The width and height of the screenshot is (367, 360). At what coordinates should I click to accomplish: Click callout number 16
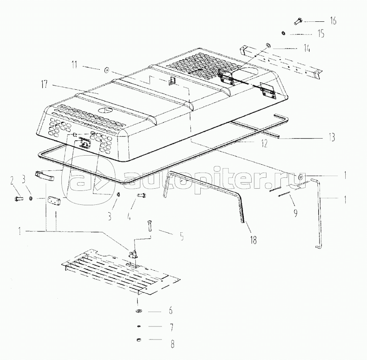[x=333, y=20]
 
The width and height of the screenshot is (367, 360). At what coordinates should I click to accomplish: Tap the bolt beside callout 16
[x=298, y=21]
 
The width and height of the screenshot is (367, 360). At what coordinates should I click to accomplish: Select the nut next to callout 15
[x=283, y=33]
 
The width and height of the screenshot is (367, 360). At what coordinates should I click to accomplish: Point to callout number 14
[x=307, y=48]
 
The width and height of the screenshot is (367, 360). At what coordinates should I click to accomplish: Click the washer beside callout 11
[x=107, y=70]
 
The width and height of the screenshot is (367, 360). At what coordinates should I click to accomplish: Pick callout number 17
[x=44, y=84]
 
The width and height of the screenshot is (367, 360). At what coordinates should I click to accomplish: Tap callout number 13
[x=332, y=137]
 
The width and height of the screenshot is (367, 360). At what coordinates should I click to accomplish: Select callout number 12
[x=264, y=143]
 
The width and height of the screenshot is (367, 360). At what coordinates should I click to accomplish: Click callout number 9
[x=296, y=213]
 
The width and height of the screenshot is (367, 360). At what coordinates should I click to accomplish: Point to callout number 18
[x=253, y=240]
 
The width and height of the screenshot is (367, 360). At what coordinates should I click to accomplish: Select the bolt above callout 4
[x=141, y=195]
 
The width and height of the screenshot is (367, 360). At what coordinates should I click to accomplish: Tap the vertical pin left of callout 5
[x=150, y=226]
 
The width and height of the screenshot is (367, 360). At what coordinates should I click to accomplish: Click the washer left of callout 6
[x=139, y=311]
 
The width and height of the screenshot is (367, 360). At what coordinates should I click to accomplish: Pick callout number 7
[x=172, y=327]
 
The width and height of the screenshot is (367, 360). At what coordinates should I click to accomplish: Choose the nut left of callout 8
[x=138, y=340]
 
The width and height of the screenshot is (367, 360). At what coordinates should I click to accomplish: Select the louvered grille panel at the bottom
[x=121, y=272]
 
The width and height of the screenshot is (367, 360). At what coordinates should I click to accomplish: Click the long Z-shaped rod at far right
[x=320, y=212]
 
